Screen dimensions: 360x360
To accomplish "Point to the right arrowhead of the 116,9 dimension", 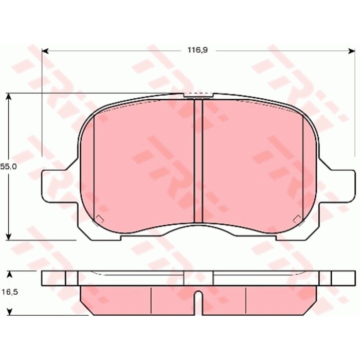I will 351,50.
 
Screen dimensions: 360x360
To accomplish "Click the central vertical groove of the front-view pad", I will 199,159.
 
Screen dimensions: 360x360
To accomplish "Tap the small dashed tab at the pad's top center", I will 198,95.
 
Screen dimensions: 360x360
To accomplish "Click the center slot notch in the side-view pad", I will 199,302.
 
